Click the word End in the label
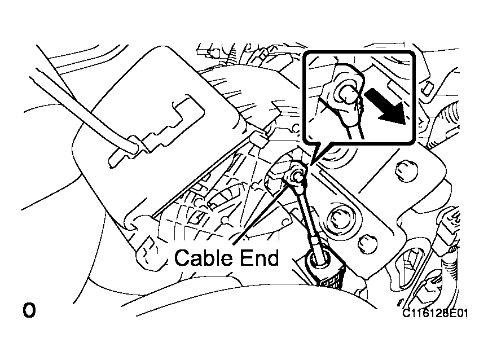[260, 258]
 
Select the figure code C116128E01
[435, 313]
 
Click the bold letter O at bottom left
[29, 310]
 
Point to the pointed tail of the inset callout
[312, 162]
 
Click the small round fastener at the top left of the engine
[213, 52]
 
